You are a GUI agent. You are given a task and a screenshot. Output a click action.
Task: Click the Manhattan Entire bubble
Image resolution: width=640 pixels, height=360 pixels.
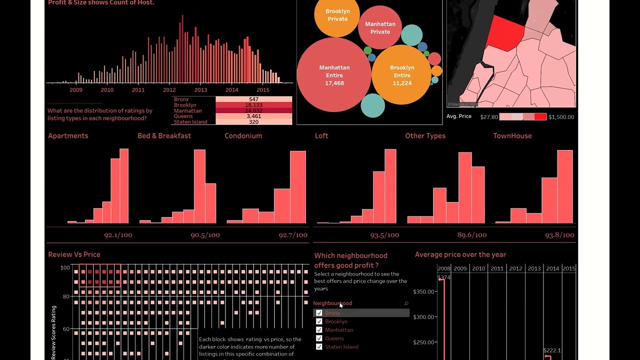coord(334,74)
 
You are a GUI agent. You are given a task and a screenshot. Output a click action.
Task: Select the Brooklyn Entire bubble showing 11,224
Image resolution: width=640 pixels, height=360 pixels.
coord(402,74)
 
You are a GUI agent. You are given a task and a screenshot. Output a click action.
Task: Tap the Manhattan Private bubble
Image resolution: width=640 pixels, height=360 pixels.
coord(380,27)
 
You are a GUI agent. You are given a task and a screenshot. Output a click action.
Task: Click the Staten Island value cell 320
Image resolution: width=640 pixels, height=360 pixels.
coord(253,122)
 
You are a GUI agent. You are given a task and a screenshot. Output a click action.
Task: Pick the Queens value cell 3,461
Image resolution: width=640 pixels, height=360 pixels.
coord(253,116)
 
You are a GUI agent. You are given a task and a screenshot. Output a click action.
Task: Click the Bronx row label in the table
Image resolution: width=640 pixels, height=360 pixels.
coord(181,99)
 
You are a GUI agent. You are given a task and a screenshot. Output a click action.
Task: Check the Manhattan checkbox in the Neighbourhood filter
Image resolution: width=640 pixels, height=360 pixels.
coord(319,330)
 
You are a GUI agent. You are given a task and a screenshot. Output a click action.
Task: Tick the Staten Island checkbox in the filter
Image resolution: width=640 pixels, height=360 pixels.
coord(319,347)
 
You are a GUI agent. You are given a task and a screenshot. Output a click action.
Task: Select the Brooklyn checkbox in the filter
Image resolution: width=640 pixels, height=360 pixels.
coord(319,321)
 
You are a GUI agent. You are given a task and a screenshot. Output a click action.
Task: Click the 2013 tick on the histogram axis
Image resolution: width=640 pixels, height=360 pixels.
coord(200,90)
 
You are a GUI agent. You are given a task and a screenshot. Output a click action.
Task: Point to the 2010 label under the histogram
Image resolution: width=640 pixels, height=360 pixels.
coord(107,90)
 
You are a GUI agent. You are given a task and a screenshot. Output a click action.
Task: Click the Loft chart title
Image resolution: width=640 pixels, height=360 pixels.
coord(321,136)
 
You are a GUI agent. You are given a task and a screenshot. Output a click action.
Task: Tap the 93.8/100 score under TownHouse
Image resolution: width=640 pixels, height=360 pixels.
coord(559,235)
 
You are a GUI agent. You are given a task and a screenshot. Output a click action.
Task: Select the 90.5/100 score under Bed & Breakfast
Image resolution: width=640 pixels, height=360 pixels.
coord(205,235)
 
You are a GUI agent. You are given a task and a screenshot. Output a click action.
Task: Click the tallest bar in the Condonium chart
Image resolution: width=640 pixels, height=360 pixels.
coord(298,187)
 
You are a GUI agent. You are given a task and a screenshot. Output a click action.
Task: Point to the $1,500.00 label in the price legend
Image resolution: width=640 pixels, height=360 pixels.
coord(561,117)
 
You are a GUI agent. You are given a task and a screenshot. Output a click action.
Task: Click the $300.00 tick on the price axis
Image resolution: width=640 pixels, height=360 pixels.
coord(424,317)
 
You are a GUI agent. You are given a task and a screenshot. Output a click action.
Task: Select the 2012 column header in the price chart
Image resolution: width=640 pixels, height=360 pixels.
coord(515,268)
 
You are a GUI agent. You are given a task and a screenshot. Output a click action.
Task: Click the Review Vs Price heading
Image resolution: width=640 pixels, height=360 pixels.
coord(74,254)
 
